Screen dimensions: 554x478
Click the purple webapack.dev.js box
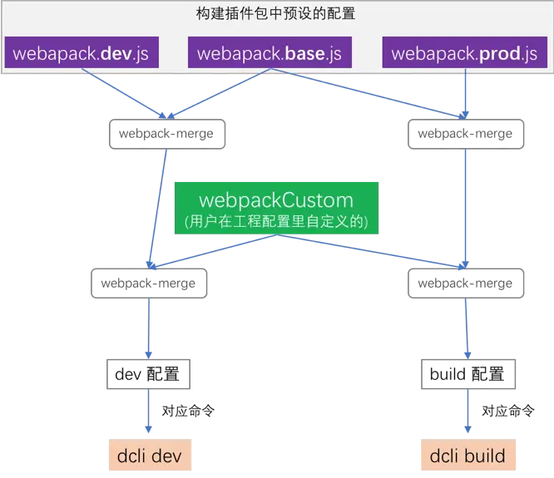pos(82,52)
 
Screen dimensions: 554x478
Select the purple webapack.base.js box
pos(270,52)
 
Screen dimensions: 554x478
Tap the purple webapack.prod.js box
pos(465,52)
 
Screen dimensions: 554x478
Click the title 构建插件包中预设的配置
pos(275,13)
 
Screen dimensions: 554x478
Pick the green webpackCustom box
pos(276,208)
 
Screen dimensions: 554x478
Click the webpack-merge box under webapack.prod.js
pos(466,134)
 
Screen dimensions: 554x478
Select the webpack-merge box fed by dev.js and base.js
pos(166,134)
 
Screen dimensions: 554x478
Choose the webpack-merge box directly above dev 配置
pos(149,283)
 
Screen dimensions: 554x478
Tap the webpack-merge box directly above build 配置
pos(466,283)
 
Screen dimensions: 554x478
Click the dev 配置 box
pos(148,374)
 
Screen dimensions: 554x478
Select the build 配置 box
pos(468,374)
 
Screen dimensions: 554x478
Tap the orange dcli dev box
pos(150,455)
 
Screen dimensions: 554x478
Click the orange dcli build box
pos(468,455)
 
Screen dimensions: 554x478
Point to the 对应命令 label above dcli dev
pos(188,411)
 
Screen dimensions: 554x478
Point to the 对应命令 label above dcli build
pos(508,411)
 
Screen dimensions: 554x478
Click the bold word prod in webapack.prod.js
pos(500,54)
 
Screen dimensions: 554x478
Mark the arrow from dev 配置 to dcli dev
pos(148,411)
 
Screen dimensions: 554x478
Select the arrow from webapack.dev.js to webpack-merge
pos(124,94)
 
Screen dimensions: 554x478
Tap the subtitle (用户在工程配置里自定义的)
pos(276,221)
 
